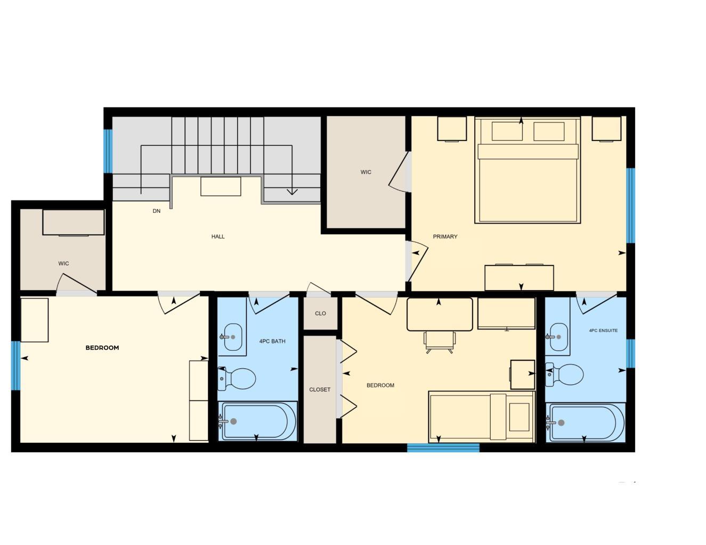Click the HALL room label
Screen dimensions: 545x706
tap(218, 236)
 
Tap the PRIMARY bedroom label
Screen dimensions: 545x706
tap(445, 236)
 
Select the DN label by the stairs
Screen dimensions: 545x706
tap(157, 211)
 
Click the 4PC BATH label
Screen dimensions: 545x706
tap(272, 341)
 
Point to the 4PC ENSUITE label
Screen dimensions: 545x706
tap(603, 331)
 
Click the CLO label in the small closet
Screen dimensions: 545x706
tap(320, 313)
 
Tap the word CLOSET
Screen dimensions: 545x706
tap(320, 390)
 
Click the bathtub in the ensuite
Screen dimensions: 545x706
tap(586, 423)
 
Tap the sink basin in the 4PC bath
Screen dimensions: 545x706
tap(233, 337)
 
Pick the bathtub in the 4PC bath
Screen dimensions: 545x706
tap(258, 421)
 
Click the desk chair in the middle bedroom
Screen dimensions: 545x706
tap(440, 341)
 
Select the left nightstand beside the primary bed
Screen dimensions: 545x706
tap(452, 129)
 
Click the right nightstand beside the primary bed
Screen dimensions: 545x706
tap(606, 129)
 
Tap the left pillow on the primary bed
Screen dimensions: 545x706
tap(507, 131)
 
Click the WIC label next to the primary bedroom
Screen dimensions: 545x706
tap(366, 172)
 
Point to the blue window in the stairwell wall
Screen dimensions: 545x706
tap(108, 151)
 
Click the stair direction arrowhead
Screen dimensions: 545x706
tap(291, 192)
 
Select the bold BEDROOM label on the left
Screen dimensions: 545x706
tap(102, 348)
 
